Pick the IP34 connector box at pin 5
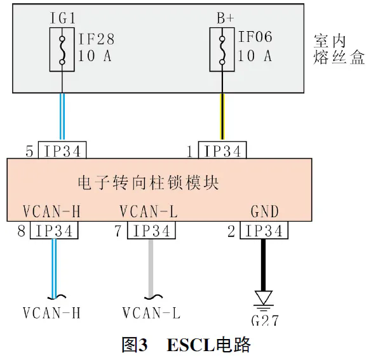[62, 151]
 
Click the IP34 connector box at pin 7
[151, 231]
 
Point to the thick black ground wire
[261, 263]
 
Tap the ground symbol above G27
[261, 298]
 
